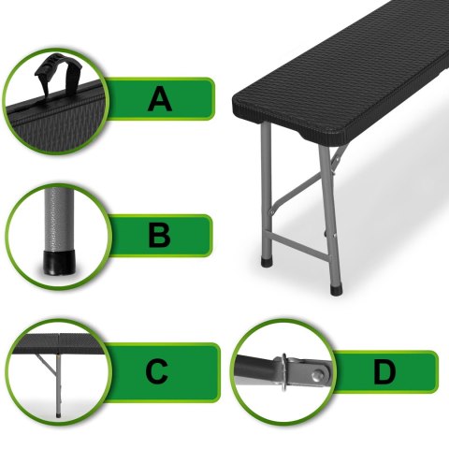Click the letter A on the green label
(160, 99)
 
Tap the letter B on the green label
(160, 236)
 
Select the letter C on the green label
(157, 371)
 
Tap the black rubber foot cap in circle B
(59, 263)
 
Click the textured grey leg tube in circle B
(59, 219)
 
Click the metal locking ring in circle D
(284, 371)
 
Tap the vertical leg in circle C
(58, 384)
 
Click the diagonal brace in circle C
(46, 365)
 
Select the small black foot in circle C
(58, 415)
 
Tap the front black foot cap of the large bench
(336, 290)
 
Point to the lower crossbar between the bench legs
(300, 245)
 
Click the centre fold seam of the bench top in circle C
(58, 343)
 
